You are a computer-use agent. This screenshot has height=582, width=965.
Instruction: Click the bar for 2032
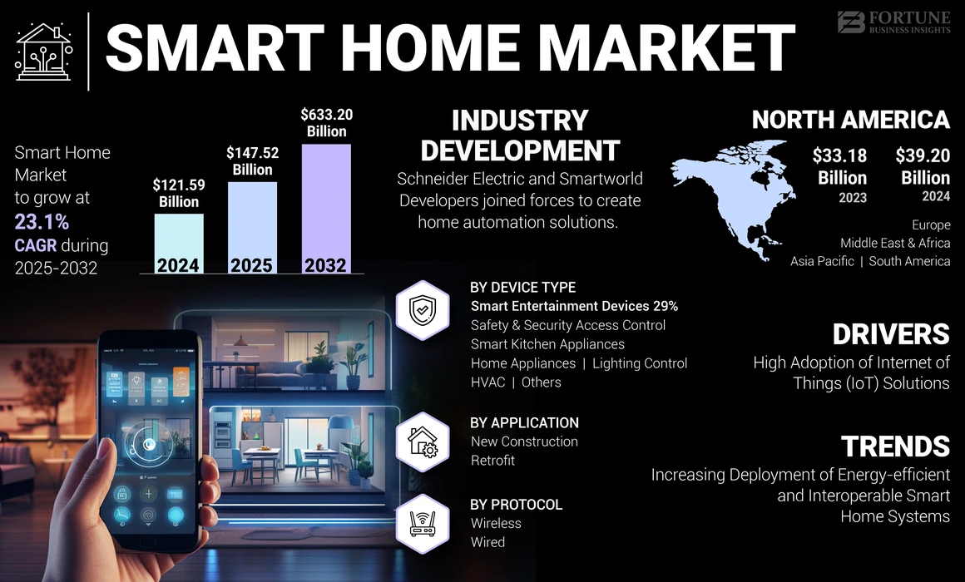(325, 208)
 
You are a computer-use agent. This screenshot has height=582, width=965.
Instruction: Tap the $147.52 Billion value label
(251, 160)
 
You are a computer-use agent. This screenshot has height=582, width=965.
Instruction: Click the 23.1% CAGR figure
(42, 221)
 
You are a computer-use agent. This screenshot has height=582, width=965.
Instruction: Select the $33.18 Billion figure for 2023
(842, 166)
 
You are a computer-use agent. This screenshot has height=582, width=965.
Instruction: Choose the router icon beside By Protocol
(423, 523)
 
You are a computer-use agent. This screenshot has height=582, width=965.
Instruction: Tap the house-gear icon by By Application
(423, 441)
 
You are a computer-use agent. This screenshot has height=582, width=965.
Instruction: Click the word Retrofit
(492, 460)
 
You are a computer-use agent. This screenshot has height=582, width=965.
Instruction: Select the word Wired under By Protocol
(487, 542)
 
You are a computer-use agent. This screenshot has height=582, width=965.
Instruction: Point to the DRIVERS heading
(891, 334)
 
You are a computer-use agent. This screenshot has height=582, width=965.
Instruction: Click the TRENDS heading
(895, 446)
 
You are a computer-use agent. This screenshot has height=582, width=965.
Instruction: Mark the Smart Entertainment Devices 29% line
(574, 306)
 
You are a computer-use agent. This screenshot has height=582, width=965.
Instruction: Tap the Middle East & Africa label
(895, 243)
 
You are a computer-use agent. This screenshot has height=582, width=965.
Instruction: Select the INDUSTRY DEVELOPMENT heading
(520, 136)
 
